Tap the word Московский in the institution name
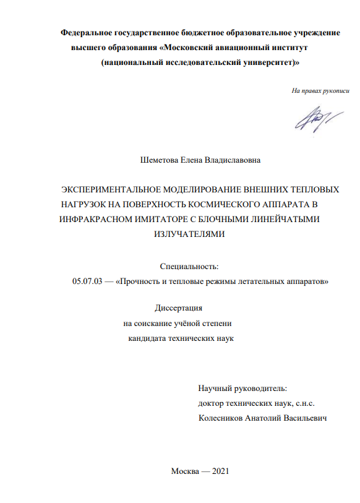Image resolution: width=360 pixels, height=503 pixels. click(192, 47)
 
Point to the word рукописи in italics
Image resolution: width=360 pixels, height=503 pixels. click(335, 91)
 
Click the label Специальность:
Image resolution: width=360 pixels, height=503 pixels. click(189, 267)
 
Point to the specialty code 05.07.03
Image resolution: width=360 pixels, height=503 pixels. click(86, 282)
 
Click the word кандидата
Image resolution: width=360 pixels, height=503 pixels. click(149, 338)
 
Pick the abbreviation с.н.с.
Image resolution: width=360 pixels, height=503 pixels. click(311, 403)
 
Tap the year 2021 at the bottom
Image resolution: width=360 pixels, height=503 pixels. click(220, 471)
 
